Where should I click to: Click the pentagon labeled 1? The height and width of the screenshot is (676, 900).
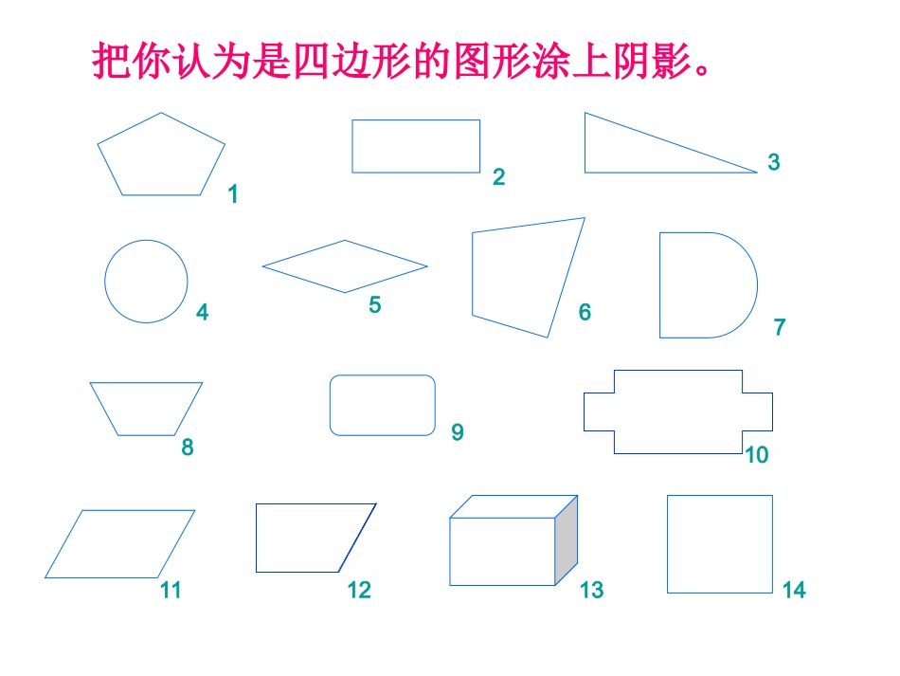(x=161, y=156)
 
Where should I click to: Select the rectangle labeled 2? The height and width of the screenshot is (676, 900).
(x=416, y=146)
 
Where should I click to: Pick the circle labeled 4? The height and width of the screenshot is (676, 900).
(x=146, y=282)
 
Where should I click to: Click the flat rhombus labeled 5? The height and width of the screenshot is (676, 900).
(x=345, y=266)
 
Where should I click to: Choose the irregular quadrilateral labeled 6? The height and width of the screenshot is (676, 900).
(x=524, y=275)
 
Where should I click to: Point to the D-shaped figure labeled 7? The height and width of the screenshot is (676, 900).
(x=703, y=285)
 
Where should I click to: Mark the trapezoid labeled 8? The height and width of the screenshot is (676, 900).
(x=146, y=408)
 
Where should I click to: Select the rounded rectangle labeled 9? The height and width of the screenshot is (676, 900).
(x=383, y=406)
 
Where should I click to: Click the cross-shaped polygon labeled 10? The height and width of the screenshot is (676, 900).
(x=677, y=411)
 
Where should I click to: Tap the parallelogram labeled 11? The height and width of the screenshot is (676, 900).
(x=120, y=543)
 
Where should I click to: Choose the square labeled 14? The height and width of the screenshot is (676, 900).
(x=719, y=544)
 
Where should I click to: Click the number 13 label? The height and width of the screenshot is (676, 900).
(x=591, y=591)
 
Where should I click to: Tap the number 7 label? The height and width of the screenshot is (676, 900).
(x=780, y=328)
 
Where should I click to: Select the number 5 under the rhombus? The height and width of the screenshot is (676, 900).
(x=375, y=306)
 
